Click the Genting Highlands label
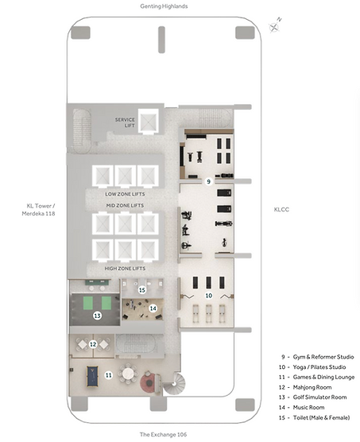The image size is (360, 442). point(164,6)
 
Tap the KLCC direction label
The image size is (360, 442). point(281,209)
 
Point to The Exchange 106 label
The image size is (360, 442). point(163,434)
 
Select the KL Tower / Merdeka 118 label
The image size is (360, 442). point(39,210)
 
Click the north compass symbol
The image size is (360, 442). point(275,26)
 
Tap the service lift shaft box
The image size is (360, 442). point(149,122)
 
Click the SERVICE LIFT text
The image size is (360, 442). point(125,122)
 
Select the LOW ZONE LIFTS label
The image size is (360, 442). point(125,194)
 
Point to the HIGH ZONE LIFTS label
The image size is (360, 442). point(125,269)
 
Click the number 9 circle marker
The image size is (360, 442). point(208,181)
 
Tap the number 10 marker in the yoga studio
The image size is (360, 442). point(208,296)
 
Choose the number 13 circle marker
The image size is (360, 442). point(98,316)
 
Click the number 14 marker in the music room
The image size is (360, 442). point(153,308)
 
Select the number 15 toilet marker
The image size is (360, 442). point(142,290)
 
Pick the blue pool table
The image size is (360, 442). point(92,376)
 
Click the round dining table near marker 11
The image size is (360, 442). point(128,374)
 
